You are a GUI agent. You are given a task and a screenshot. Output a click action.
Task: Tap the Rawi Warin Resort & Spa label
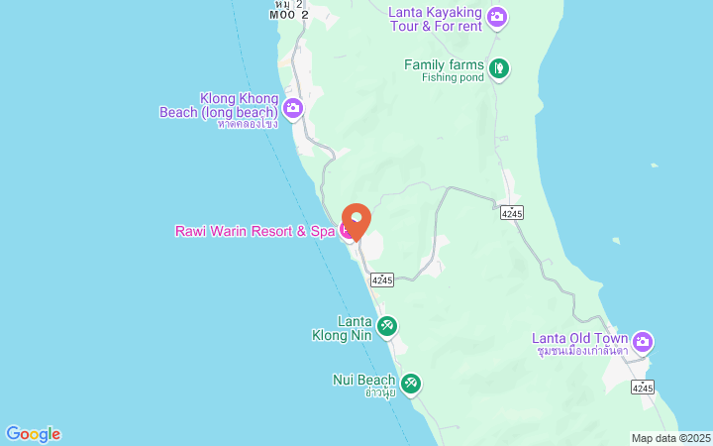(x=255, y=231)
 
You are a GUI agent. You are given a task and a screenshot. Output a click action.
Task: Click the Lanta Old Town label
(x=579, y=337)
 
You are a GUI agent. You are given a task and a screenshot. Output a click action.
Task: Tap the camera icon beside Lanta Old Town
(x=643, y=342)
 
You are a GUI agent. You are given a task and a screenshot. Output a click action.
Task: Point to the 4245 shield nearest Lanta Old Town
(x=642, y=388)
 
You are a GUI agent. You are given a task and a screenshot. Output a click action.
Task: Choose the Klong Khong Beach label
(x=219, y=105)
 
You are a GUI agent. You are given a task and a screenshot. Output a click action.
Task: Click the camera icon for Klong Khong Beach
(x=292, y=108)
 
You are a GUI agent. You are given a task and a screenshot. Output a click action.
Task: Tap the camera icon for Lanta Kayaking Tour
(x=497, y=17)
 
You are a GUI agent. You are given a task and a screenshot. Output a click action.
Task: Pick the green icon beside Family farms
(x=500, y=68)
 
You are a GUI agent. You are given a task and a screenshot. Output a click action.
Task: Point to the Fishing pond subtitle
(x=453, y=77)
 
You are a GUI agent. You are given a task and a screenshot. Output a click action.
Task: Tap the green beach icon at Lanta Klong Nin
(x=387, y=325)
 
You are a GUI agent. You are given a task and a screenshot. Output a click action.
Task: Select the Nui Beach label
(x=364, y=379)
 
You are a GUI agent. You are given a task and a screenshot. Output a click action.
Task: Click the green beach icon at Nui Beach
(x=411, y=383)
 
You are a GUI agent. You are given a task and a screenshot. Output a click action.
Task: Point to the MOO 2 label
(x=289, y=15)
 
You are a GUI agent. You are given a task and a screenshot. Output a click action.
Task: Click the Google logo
(x=33, y=434)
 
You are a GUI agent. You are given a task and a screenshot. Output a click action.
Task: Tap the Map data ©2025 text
(x=670, y=438)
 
